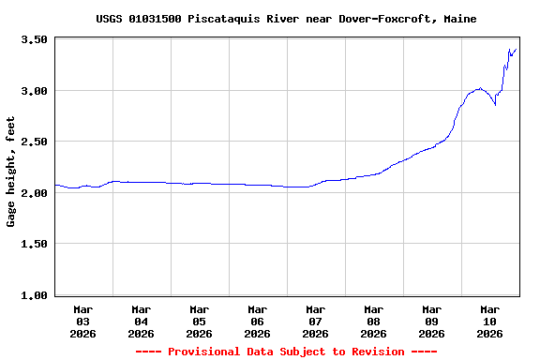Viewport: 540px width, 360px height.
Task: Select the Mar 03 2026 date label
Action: (x=83, y=321)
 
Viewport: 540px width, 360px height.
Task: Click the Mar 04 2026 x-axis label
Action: (x=142, y=321)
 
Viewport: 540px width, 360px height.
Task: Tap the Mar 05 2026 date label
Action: (x=200, y=321)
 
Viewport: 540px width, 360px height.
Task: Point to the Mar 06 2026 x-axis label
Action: (x=258, y=321)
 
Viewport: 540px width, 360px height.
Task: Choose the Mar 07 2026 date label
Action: (x=316, y=321)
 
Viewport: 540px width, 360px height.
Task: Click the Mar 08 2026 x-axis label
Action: (x=374, y=321)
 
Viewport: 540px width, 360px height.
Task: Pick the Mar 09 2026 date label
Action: (x=432, y=321)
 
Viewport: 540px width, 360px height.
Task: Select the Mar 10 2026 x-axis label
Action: (x=490, y=321)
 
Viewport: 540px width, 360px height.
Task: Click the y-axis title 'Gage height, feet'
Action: (x=11, y=172)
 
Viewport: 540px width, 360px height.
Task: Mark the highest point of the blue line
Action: (x=509, y=49)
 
